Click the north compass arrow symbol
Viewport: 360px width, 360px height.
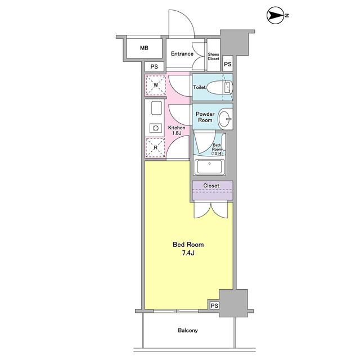coord(276,15)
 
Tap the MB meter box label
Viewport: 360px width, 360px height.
coord(144,48)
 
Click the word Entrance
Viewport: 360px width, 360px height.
coord(182,54)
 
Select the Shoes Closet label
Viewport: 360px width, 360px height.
coord(214,56)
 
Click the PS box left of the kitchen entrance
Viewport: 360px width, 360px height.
coord(154,66)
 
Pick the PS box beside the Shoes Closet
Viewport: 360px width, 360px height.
coord(227,64)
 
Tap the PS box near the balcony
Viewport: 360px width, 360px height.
coord(214,305)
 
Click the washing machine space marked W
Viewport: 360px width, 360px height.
coord(156,85)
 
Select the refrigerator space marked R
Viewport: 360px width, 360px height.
coord(155,147)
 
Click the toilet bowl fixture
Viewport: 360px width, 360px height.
coord(220,88)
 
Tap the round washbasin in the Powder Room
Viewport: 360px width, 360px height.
coord(225,119)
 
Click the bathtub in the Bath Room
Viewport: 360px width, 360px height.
coord(209,167)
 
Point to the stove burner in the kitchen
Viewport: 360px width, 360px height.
coord(155,128)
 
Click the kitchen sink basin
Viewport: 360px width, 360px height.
coord(156,108)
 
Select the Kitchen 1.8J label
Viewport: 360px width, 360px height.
coord(177,130)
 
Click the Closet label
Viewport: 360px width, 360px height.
coord(211,186)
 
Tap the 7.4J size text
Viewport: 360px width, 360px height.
coord(188,253)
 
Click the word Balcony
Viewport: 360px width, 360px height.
coord(188,330)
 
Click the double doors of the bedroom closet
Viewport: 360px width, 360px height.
coord(211,210)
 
